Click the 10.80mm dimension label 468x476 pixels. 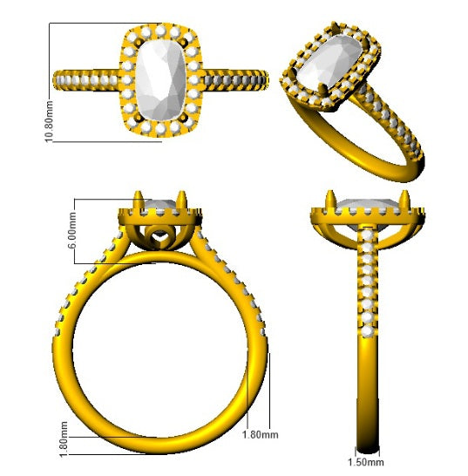point(49,121)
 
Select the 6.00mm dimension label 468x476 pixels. point(72,230)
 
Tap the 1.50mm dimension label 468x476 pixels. point(365,462)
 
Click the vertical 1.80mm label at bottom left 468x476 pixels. point(64,439)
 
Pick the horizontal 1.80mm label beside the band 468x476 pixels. point(260,434)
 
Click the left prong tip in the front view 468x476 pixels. point(138,192)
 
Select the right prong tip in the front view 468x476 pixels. point(181,192)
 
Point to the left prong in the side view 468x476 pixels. point(329,199)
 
